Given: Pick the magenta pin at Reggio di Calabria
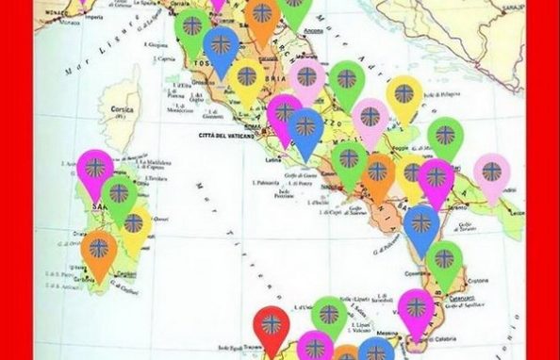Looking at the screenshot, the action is [x=415, y=311].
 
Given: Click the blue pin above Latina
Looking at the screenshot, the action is [x=305, y=129].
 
